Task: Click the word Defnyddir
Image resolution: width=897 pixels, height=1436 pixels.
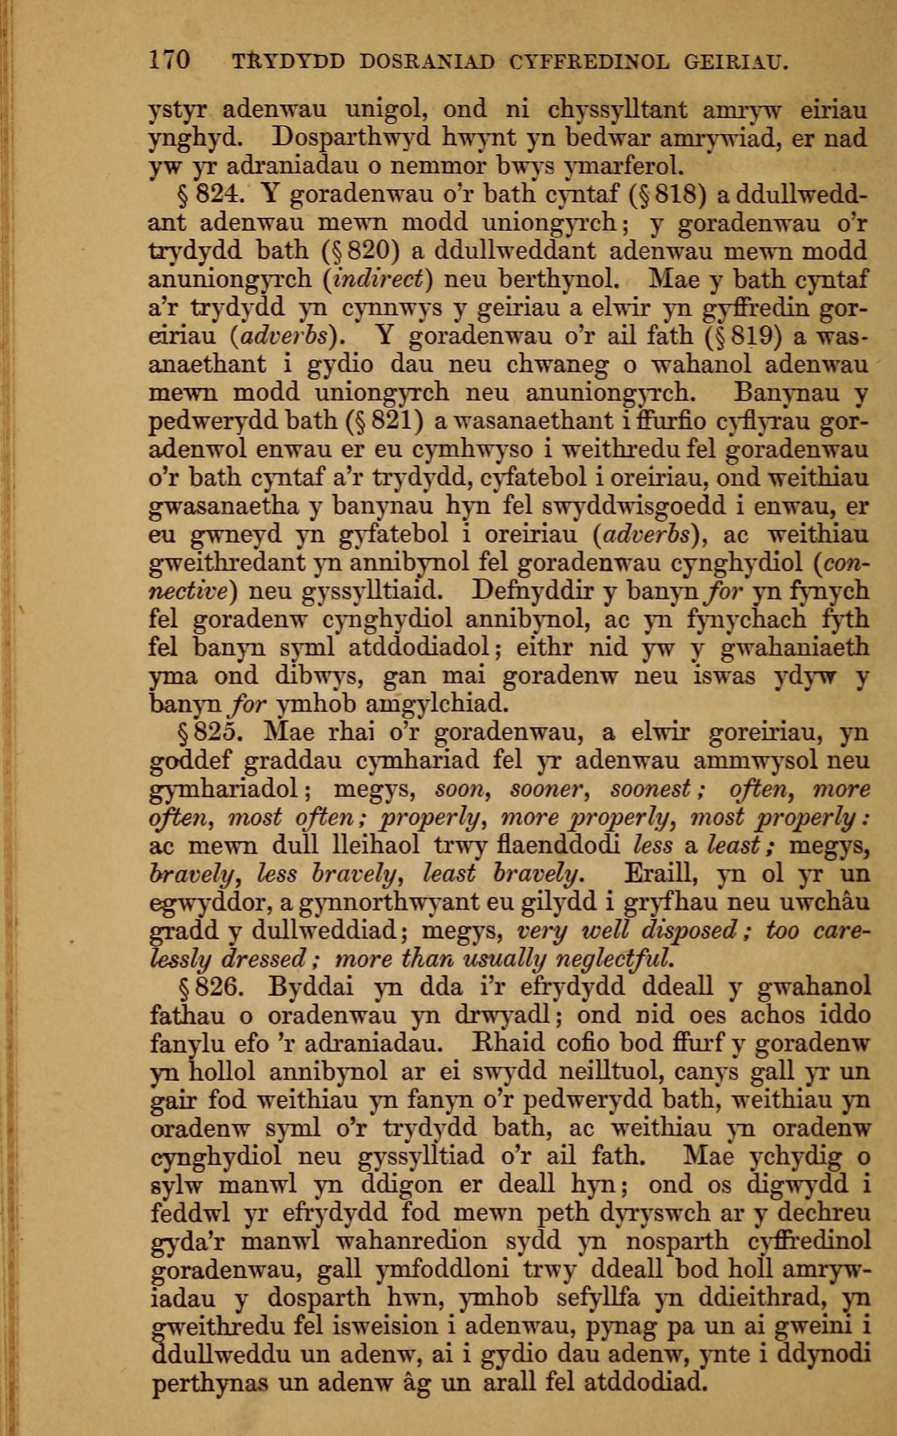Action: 544,591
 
